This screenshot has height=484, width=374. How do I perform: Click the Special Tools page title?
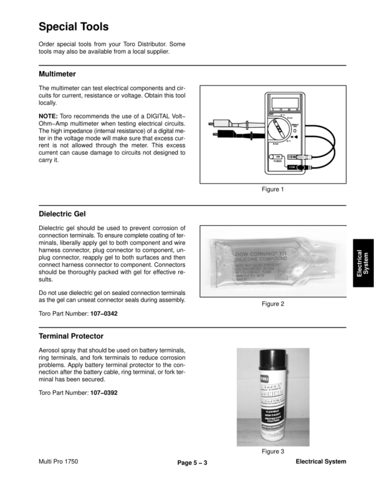74,27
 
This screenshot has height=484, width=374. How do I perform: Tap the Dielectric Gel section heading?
62,214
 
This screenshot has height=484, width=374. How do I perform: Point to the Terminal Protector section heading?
71,336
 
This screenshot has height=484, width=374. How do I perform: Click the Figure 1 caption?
272,190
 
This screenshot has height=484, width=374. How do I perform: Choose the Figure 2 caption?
272,304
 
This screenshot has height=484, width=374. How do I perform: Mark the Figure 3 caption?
272,451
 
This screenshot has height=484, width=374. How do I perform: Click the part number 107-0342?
103,314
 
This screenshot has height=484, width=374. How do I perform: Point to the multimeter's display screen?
285,103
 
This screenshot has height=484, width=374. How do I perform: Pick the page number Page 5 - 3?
192,462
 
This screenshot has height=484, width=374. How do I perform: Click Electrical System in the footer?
320,462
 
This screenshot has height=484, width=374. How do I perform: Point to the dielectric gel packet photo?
272,261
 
